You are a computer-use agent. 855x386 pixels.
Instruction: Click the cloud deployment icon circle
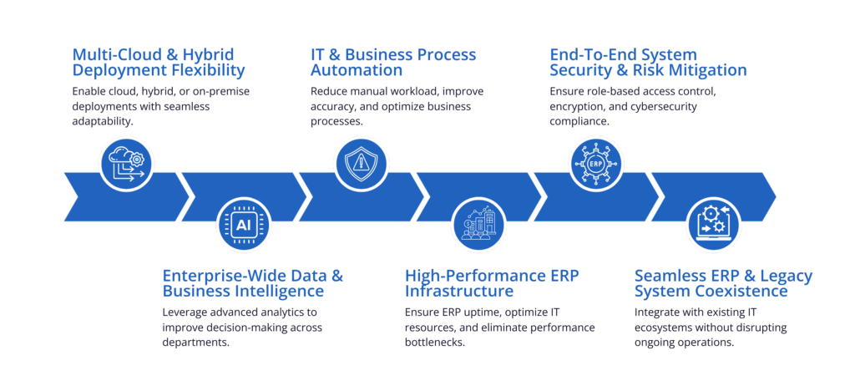127,163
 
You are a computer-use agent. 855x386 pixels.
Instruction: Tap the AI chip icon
244,224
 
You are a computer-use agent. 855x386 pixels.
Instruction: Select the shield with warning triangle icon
361,163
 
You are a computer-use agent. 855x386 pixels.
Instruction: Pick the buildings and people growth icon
478,224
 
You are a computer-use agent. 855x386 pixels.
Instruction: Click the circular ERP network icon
596,163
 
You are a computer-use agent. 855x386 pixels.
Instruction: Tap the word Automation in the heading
357,70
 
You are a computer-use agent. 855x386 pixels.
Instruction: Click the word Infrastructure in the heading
459,291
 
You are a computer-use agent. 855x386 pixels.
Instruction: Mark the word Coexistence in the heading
744,291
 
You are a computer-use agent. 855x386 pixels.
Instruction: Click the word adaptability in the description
103,121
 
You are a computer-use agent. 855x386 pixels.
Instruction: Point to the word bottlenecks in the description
434,343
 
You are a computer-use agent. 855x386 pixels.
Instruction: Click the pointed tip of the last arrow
777,196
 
